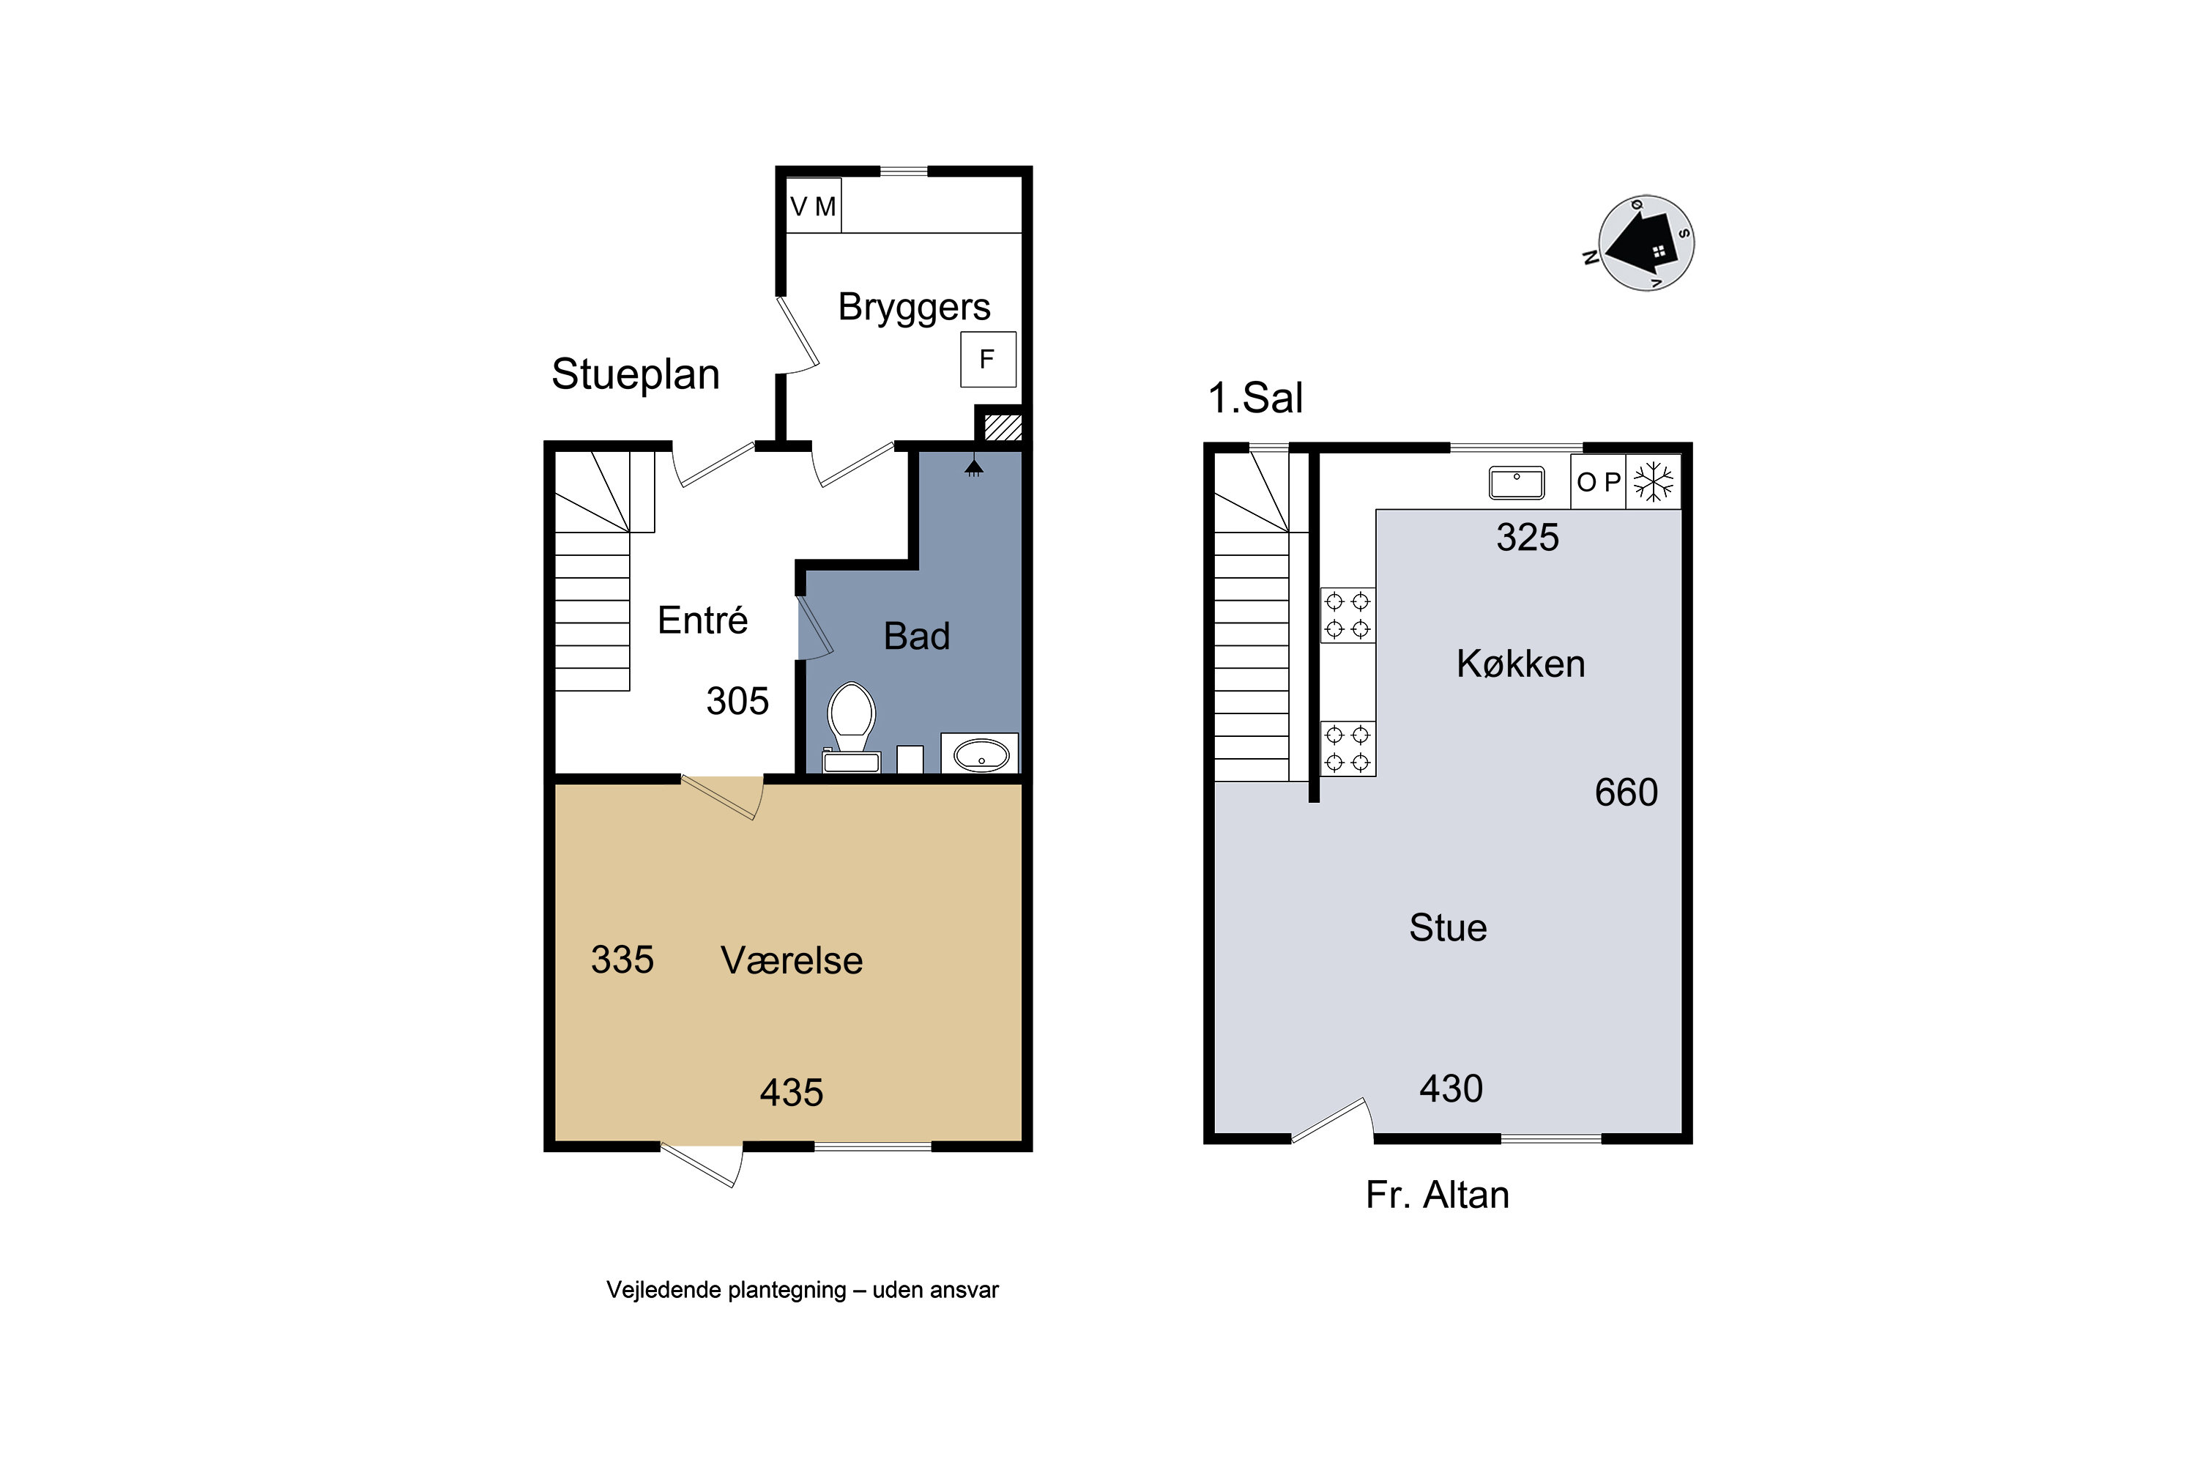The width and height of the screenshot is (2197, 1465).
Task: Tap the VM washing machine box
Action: pyautogui.click(x=814, y=206)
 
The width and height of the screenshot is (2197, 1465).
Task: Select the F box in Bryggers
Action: pyautogui.click(x=988, y=359)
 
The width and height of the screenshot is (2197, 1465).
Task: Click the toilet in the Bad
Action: pyautogui.click(x=851, y=727)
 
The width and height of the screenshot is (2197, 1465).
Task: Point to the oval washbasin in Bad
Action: pyautogui.click(x=981, y=754)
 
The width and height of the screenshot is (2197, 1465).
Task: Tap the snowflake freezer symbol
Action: pyautogui.click(x=1654, y=482)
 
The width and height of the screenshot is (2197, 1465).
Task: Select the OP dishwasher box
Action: pyautogui.click(x=1598, y=482)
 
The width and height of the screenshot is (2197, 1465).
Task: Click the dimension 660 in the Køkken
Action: pyautogui.click(x=1627, y=793)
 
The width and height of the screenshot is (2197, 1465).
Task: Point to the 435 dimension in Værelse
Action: pyautogui.click(x=791, y=1092)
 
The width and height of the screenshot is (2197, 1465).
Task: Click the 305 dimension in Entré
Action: pyautogui.click(x=737, y=701)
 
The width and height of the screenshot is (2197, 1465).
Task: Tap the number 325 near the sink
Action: pyautogui.click(x=1527, y=537)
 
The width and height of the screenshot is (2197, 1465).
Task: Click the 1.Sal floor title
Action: pyautogui.click(x=1254, y=398)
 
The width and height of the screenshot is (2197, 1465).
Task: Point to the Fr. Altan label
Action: pyautogui.click(x=1438, y=1195)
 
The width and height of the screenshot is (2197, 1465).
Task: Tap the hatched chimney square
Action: pyautogui.click(x=1003, y=427)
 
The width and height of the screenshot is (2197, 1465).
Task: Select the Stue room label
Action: pyautogui.click(x=1448, y=928)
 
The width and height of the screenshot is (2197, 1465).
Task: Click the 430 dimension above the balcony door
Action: pyautogui.click(x=1451, y=1088)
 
